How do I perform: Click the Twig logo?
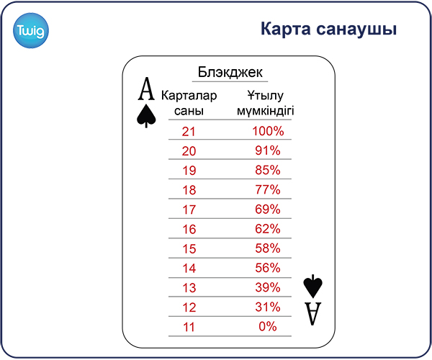pos(31,30)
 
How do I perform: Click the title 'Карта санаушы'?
pos(328,29)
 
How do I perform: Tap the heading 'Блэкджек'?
pos(230,72)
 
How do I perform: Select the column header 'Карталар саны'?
pos(189,103)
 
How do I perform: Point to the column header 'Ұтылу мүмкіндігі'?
pos(265,103)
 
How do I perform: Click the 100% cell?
pos(268,131)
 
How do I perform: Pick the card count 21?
pos(189,131)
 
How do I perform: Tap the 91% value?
pos(268,150)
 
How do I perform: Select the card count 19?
pos(189,171)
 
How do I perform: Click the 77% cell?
pos(268,190)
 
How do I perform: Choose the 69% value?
pos(268,210)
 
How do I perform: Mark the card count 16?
pos(189,229)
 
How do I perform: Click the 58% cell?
pos(268,248)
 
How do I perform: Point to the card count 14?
pos(189,269)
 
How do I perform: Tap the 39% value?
pos(268,287)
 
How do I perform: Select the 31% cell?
pos(268,307)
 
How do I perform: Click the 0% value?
pos(268,327)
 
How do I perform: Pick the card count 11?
pos(189,327)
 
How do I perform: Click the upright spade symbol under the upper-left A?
pos(146,116)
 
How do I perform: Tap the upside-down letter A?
pos(313,314)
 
